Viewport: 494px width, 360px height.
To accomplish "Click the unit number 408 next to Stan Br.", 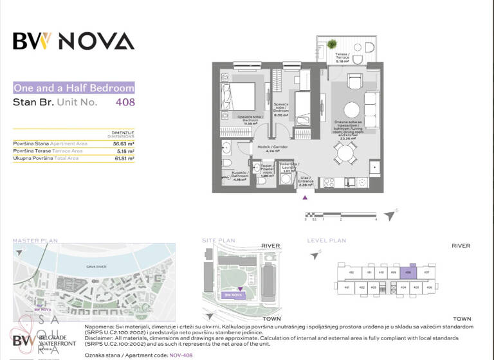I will (125, 102).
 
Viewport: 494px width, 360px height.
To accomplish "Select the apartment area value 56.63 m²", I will (123, 144).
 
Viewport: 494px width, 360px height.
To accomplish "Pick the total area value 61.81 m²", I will (123, 157).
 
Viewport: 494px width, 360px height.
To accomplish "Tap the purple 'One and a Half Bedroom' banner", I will (74, 88).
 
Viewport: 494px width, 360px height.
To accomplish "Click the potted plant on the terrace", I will (332, 44).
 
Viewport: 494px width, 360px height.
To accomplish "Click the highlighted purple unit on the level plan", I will (408, 272).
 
